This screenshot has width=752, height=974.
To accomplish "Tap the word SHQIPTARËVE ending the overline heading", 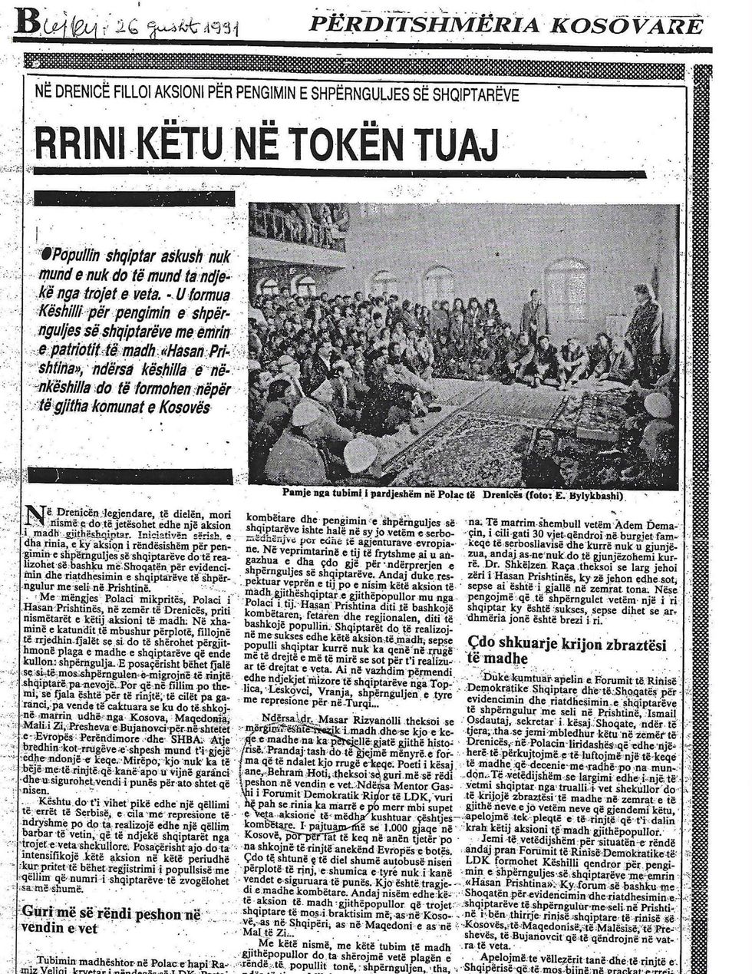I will tap(470, 94).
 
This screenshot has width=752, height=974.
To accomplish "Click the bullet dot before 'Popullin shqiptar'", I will tap(46, 253).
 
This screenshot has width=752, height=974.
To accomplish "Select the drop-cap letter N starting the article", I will tap(35, 516).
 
